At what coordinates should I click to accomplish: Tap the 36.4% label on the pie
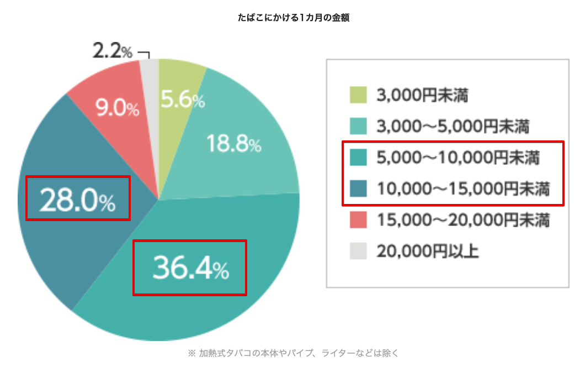190,268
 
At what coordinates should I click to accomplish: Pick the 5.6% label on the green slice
183,100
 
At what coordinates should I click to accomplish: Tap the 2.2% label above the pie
112,53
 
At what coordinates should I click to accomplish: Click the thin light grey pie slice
150,72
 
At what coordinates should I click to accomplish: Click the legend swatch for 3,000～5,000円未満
357,127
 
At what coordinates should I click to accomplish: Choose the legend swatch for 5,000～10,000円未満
357,158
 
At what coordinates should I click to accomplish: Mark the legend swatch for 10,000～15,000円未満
357,189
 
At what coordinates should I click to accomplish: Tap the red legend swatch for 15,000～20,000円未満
357,221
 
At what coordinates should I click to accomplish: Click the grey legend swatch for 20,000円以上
357,251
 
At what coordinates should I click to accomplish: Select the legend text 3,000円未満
423,96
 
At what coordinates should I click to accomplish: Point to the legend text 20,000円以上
428,251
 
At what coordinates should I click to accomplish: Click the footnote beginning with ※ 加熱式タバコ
293,352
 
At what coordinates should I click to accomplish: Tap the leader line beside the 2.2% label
146,54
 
